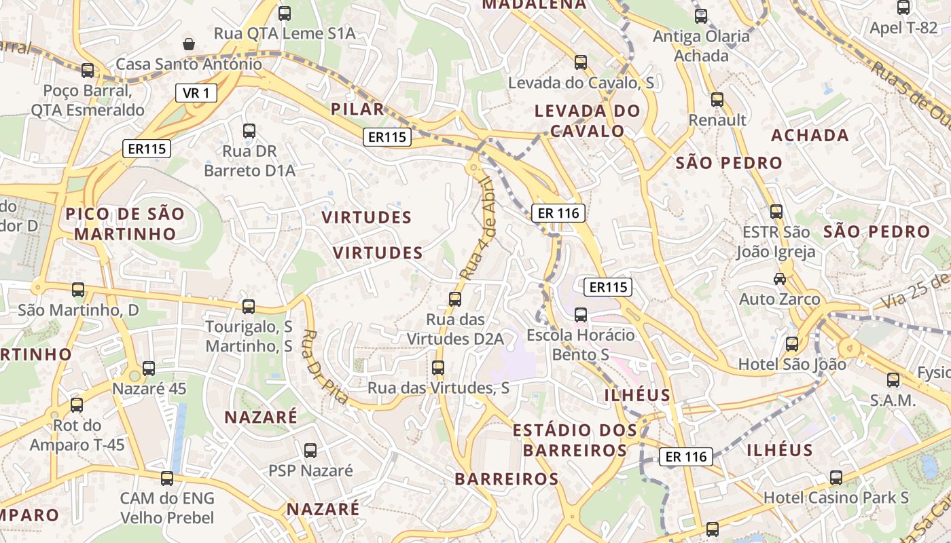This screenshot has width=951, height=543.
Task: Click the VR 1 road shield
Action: pos(196,93)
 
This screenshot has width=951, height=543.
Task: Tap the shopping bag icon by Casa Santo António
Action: pos(189,45)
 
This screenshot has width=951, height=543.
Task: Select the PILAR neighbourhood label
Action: pos(357,110)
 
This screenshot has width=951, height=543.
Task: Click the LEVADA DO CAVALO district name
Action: pos(587,121)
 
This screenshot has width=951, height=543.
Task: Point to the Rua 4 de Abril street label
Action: pos(478,228)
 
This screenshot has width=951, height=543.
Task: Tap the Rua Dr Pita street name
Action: pos(325,367)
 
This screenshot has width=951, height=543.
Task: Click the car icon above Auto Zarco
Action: pos(780,279)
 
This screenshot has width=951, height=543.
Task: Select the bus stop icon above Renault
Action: pos(717,100)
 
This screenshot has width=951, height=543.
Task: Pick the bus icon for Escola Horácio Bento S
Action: pos(581,315)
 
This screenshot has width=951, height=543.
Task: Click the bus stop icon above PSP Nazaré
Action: pos(310,450)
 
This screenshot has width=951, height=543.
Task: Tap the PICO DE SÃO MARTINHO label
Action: pos(125,224)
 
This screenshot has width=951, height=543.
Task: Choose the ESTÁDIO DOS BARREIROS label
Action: pos(575,440)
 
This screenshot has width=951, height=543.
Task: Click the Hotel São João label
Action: pos(792,364)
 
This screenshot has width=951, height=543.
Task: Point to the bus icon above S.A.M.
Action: pos(893,380)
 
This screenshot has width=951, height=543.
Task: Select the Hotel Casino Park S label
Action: pos(836,498)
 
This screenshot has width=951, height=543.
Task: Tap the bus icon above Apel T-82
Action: pos(903,8)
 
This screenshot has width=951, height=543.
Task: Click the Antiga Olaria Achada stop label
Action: pos(701,46)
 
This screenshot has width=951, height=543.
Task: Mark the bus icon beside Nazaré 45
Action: pos(149,369)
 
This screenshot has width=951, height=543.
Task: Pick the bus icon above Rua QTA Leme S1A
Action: pos(285,13)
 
